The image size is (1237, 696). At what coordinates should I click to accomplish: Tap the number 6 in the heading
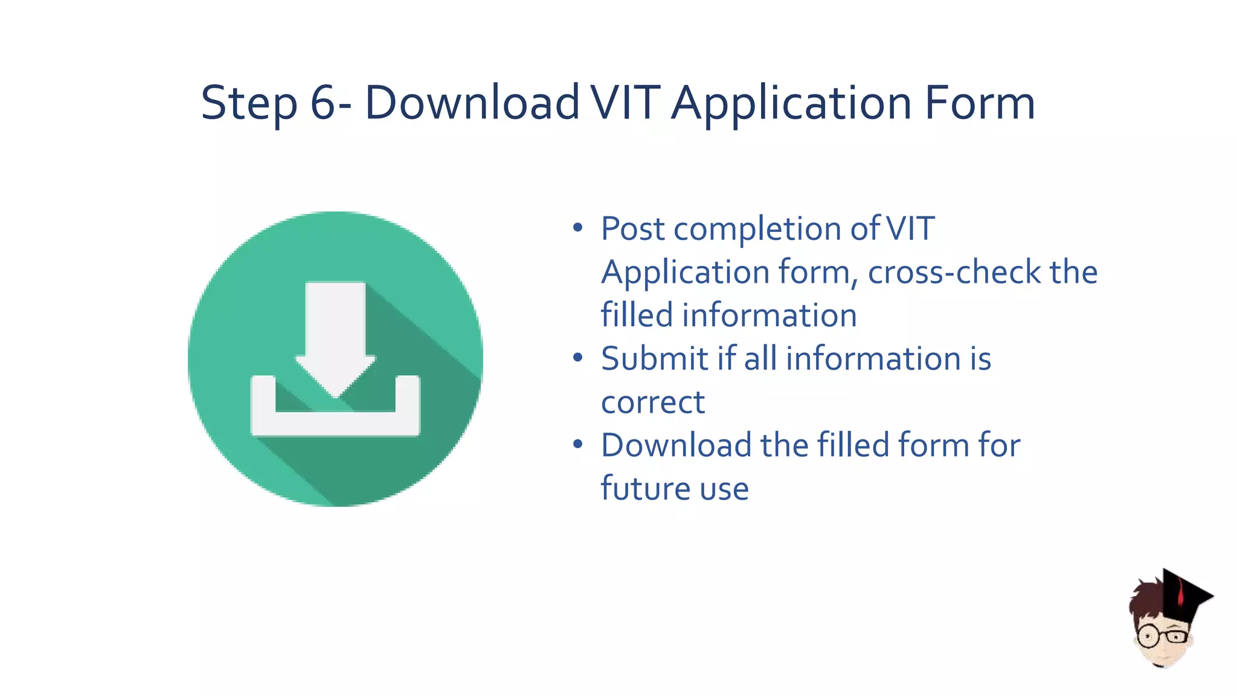tap(323, 103)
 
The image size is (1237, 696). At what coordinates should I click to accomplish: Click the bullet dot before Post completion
tap(578, 228)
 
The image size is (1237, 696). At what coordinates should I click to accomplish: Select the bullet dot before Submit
tap(578, 358)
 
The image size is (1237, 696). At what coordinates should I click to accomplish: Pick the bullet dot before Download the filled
tap(578, 445)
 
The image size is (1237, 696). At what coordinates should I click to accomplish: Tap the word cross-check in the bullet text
tap(954, 272)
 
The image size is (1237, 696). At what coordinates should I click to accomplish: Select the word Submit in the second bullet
tap(654, 359)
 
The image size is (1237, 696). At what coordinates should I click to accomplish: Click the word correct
tap(653, 402)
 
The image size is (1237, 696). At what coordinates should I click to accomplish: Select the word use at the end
tap(724, 489)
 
